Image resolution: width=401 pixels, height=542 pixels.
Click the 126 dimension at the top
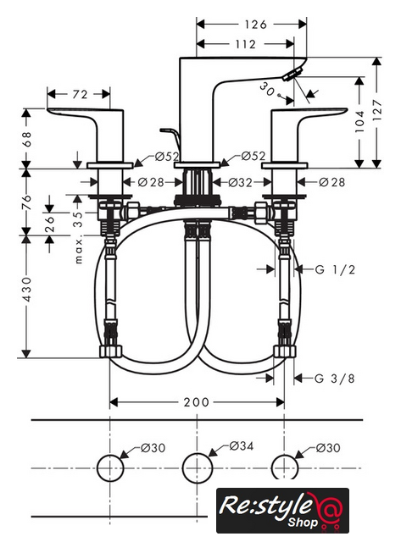pyautogui.click(x=256, y=25)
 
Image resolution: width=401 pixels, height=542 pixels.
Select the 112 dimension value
pyautogui.click(x=245, y=44)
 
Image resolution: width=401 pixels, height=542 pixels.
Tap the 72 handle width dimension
pyautogui.click(x=80, y=94)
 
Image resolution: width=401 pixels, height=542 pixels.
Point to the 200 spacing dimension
pyautogui.click(x=196, y=402)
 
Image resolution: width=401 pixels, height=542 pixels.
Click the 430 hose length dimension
pyautogui.click(x=27, y=289)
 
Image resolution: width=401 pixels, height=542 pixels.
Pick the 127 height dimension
pyautogui.click(x=377, y=110)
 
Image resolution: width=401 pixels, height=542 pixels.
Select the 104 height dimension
pyautogui.click(x=359, y=121)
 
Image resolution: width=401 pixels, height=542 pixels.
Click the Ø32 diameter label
pyautogui.click(x=241, y=182)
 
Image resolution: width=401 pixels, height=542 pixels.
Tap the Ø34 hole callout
pyautogui.click(x=242, y=446)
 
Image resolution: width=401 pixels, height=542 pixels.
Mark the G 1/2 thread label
pyautogui.click(x=335, y=269)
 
